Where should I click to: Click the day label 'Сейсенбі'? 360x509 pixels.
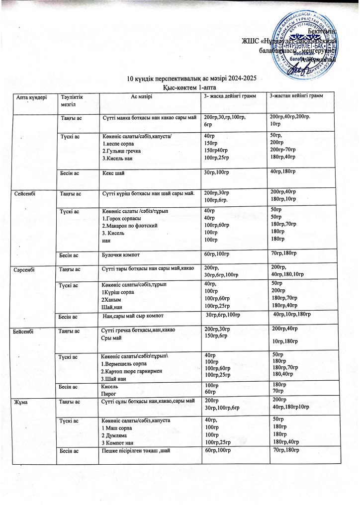click(x=26, y=193)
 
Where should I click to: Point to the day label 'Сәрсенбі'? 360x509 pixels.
click(x=26, y=269)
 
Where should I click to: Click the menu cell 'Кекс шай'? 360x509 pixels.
click(x=113, y=173)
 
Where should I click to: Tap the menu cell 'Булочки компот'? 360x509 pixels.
click(x=120, y=255)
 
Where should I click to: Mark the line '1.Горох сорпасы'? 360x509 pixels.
click(x=122, y=218)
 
